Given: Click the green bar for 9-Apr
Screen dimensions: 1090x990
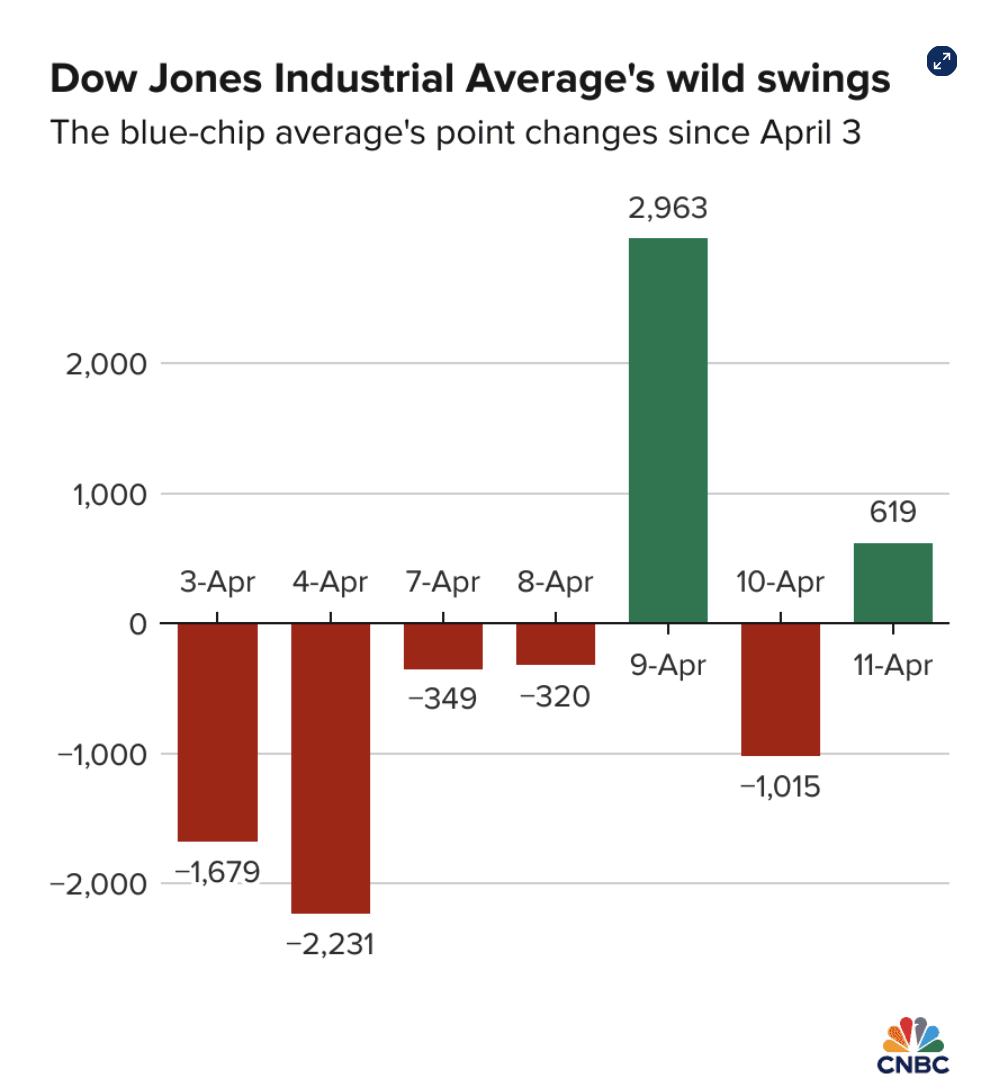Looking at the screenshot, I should pos(668,430).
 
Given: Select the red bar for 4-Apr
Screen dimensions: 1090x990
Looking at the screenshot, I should pos(331,768).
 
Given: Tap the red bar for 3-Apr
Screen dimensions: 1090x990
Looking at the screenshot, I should pos(218,732).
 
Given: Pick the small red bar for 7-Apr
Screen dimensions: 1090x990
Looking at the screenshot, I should pos(443,646).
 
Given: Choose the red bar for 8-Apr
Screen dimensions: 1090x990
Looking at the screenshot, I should pos(556,644).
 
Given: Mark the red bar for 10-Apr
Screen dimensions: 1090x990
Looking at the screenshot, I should pos(781,689).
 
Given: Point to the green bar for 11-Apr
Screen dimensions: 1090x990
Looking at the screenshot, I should pos(893,582).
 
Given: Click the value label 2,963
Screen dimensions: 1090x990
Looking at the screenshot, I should pos(668,209).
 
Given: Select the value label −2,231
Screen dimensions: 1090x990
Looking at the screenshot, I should pos(330,943).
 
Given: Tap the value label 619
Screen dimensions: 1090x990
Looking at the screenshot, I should pos(893,513).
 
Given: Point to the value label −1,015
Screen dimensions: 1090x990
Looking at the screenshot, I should pos(780,786).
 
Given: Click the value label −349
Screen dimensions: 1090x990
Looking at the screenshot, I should pos(443,698).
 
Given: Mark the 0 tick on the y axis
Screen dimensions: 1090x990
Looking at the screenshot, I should pos(137,624).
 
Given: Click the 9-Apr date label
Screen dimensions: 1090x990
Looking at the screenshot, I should pos(668,665).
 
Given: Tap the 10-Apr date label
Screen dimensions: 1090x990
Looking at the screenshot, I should pos(780,582).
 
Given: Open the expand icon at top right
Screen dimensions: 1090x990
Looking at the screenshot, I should pos(940,62).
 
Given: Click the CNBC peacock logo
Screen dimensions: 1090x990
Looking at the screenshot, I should pos(914,1036).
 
